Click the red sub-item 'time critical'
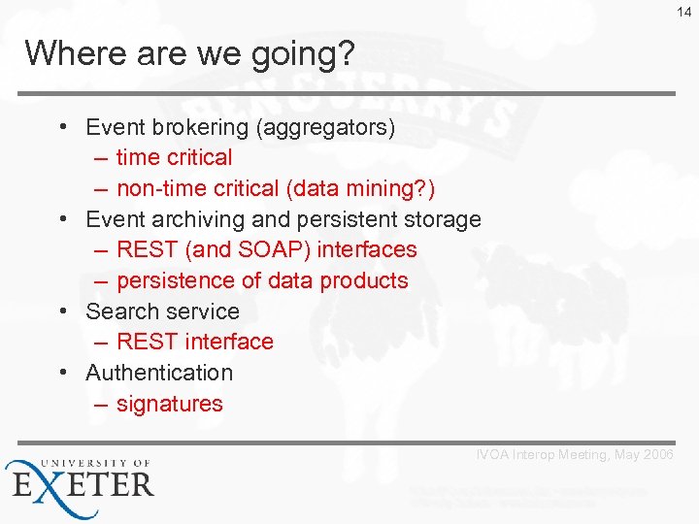[x=174, y=157]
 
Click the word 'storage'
[x=441, y=219]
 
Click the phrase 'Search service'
[x=162, y=311]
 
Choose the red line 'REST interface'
[x=194, y=342]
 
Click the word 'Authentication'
[x=159, y=373]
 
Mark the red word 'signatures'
[x=169, y=404]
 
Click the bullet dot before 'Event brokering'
[x=62, y=127]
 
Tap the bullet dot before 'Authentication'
[x=62, y=373]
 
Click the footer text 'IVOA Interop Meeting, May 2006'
[x=574, y=455]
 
